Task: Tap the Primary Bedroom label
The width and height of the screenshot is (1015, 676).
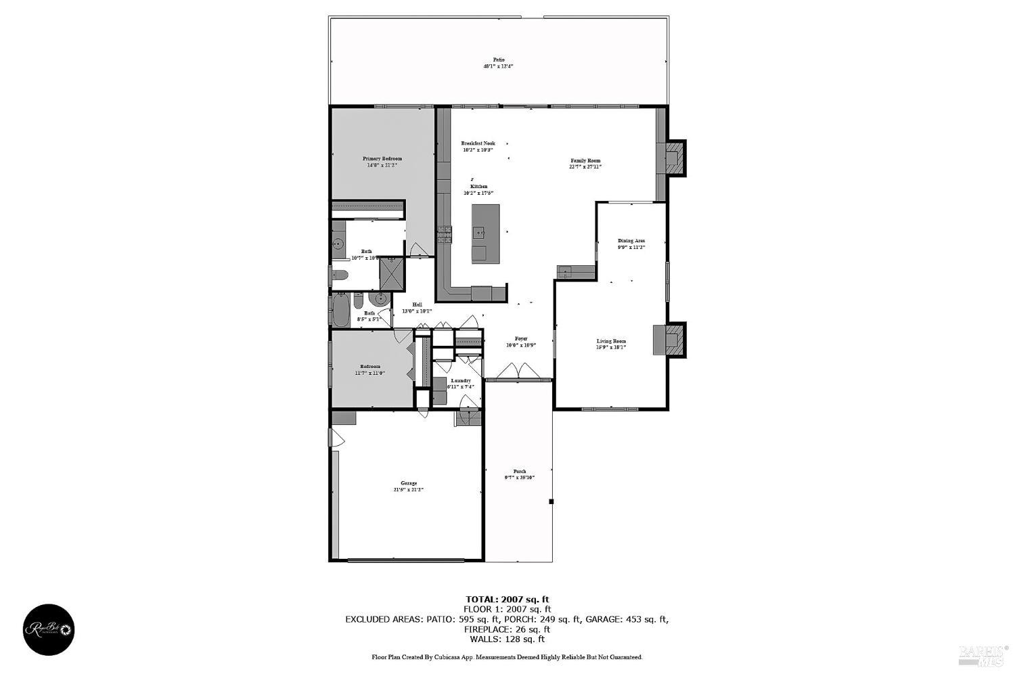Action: click(x=382, y=158)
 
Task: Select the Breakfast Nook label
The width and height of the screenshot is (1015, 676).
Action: click(x=478, y=143)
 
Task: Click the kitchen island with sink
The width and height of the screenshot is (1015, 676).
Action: click(x=485, y=233)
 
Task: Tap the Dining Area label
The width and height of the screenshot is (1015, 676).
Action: click(x=631, y=240)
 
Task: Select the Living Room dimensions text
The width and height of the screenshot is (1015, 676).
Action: click(x=611, y=348)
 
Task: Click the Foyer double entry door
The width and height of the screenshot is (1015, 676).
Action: click(x=518, y=372)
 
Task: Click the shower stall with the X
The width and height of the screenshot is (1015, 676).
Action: click(x=390, y=275)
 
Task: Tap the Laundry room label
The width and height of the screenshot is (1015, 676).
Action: click(x=460, y=380)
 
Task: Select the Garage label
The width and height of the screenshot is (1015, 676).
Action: click(x=408, y=483)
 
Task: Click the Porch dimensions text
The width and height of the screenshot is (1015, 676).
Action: click(x=519, y=478)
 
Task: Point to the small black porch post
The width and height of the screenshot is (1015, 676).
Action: click(x=551, y=501)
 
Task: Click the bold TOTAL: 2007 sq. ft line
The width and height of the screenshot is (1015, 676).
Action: click(x=507, y=599)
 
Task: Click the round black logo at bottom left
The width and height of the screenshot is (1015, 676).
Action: click(x=49, y=630)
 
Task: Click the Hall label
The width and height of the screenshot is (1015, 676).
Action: click(x=417, y=305)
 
